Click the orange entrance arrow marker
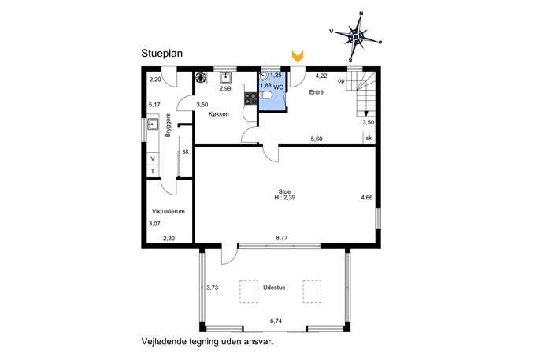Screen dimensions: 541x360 point(298,56)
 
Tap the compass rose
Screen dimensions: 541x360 point(357,35)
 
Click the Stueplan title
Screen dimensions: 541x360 point(161,54)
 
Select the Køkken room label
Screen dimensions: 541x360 point(218,114)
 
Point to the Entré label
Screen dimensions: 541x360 point(317,92)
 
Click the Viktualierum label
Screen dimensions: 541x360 point(169,211)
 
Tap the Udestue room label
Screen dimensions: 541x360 point(274,288)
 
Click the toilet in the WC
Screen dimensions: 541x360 point(266,95)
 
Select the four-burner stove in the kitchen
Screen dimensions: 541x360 point(250,98)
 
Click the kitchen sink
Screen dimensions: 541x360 point(225,78)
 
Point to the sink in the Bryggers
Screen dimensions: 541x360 point(153,124)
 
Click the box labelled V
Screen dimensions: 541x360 point(153,159)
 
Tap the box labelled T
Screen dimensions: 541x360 point(153,171)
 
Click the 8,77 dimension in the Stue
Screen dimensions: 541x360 point(282,238)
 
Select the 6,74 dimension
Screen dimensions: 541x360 point(276,321)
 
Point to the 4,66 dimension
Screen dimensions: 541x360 point(367,198)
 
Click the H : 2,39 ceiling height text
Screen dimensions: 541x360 point(284,198)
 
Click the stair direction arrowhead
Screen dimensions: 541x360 point(365,113)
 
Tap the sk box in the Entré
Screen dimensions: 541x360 point(369,138)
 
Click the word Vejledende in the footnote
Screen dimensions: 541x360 point(160,342)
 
